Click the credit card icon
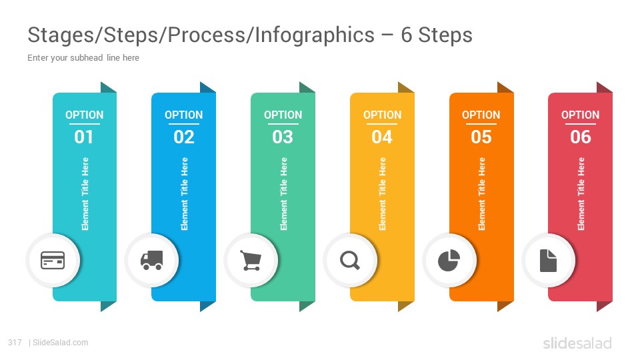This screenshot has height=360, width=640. click(53, 260)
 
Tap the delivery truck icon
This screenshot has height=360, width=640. click(152, 261)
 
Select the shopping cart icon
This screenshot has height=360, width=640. click(251, 261)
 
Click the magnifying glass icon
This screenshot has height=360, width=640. click(350, 261)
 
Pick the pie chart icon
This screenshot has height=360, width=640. click(449, 261)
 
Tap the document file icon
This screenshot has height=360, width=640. click(548, 261)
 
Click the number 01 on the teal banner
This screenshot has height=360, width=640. click(84, 137)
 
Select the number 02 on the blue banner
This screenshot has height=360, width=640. click(184, 137)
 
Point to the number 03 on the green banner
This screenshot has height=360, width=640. click(283, 137)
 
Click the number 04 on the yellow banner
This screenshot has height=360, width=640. click(382, 137)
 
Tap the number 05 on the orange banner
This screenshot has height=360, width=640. click(481, 137)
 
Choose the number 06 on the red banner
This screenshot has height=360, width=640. click(581, 137)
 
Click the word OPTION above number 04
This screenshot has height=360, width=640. click(383, 115)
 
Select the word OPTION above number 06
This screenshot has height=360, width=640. click(581, 115)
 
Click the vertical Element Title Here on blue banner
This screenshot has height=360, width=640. click(184, 194)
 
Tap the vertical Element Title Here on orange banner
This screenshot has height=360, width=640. click(481, 194)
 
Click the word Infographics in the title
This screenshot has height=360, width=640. click(315, 35)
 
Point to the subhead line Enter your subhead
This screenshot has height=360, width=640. click(83, 58)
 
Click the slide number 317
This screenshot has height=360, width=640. click(15, 343)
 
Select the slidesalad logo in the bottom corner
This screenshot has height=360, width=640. click(577, 343)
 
